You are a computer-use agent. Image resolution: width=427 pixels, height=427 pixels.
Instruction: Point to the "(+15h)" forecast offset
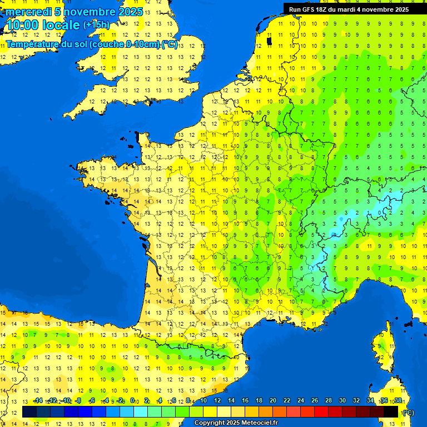tap(96, 24)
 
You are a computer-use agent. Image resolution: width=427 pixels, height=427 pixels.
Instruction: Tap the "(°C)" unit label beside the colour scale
tap(408, 412)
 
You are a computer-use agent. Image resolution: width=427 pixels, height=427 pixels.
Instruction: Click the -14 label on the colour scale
tap(38, 400)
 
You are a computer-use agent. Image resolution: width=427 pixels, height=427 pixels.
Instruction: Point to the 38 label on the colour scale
tap(398, 400)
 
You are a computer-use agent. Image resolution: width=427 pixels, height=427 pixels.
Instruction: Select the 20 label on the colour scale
tap(273, 400)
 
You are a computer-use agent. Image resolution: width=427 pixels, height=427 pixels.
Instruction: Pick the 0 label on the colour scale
tap(132, 400)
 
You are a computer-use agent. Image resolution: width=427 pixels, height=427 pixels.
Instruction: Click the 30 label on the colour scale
tap(342, 400)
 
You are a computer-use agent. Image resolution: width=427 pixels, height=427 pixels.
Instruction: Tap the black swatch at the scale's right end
tap(391, 411)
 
